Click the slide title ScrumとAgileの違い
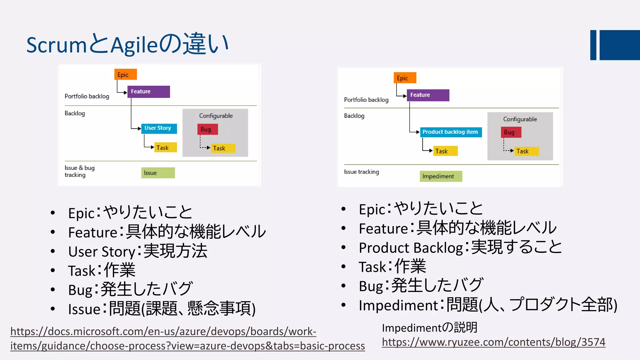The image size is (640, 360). (127, 44)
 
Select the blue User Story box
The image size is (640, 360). (159, 128)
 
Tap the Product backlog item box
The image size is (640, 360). (451, 132)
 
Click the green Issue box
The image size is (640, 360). (158, 173)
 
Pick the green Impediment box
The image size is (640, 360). (441, 176)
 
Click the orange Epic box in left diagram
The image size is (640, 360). (125, 75)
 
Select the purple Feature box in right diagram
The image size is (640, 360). (428, 95)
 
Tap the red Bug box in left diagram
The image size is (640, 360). (207, 129)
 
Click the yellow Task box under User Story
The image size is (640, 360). (165, 147)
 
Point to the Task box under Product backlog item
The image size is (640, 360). (445, 151)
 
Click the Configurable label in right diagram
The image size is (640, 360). (520, 119)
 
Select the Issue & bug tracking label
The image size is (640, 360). (79, 171)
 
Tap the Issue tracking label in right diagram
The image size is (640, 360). (361, 172)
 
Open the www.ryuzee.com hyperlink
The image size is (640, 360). (493, 342)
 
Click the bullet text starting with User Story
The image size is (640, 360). (137, 251)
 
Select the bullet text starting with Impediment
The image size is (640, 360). (487, 305)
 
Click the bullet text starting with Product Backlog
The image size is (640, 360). (460, 247)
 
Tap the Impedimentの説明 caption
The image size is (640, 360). (429, 327)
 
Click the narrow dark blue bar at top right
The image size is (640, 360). (593, 45)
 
